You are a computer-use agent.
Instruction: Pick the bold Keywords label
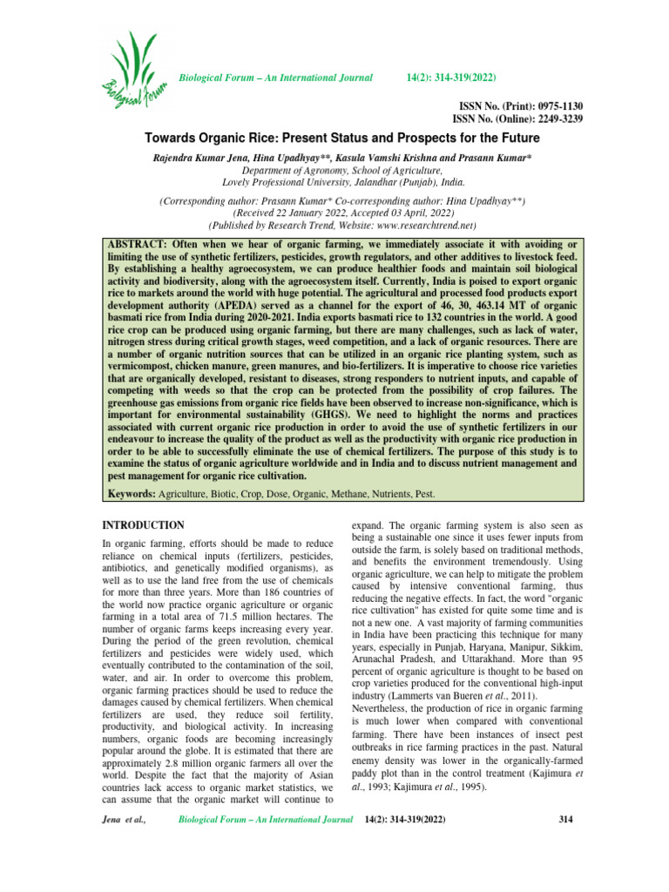[x=132, y=494]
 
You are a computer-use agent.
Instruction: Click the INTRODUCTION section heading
[x=144, y=525]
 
